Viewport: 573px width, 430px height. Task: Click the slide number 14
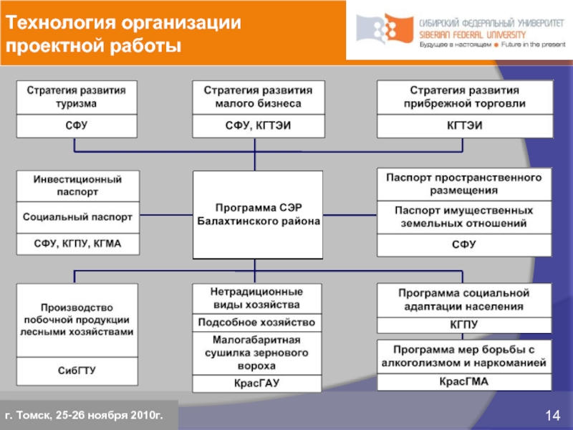[x=552, y=416]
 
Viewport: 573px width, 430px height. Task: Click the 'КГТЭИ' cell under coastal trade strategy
[x=465, y=126]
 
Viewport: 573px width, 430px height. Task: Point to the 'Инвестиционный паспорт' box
[x=77, y=186]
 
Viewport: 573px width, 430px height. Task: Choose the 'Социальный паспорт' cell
[x=77, y=216]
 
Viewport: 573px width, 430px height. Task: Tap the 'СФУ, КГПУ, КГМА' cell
[x=77, y=244]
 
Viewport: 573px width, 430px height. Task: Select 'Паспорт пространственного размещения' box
[x=464, y=184]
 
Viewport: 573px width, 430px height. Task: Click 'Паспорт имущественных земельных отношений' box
[x=464, y=217]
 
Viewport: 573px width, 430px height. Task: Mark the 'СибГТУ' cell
[x=77, y=371]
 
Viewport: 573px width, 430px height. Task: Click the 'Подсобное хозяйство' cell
[x=257, y=322]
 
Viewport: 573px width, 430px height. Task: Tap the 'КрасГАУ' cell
[x=257, y=383]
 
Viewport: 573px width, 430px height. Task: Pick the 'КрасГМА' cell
[x=464, y=381]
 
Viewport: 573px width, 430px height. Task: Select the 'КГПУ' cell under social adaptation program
[x=464, y=325]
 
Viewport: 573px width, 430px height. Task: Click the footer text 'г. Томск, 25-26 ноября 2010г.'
[x=85, y=416]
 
